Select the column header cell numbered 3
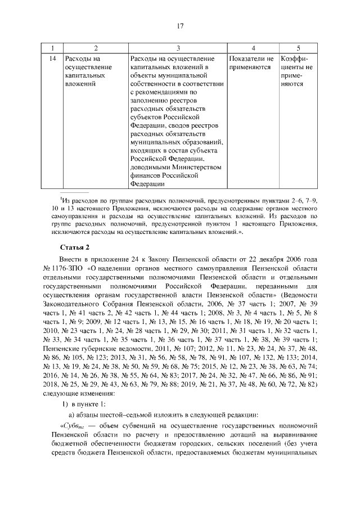(x=178, y=48)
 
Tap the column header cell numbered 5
(x=298, y=48)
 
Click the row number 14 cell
(x=52, y=58)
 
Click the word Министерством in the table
(x=190, y=167)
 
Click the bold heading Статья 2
(x=75, y=247)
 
